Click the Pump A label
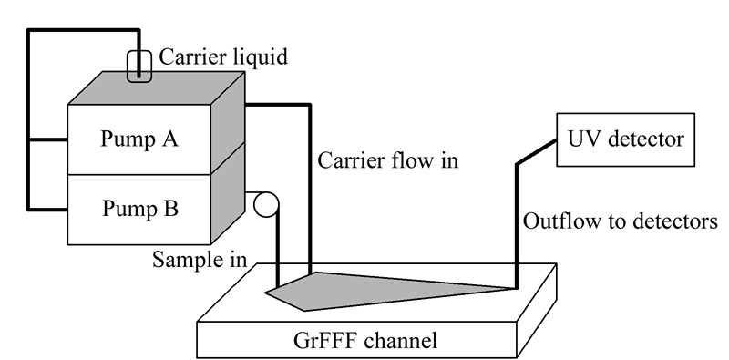(x=139, y=139)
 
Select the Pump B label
(x=140, y=209)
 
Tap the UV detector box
(x=626, y=139)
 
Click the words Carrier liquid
(x=223, y=57)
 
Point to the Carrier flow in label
(x=388, y=161)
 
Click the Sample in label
(x=200, y=260)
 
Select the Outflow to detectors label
(x=621, y=221)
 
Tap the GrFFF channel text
(x=365, y=341)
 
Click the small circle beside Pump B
(x=266, y=205)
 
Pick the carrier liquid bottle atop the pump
(x=139, y=67)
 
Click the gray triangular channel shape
(x=372, y=290)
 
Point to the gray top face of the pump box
(x=157, y=87)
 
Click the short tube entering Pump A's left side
(x=48, y=139)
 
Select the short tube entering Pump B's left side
(x=48, y=210)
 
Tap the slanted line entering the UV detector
(x=537, y=151)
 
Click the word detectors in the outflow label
(x=679, y=221)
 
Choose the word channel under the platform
(x=401, y=341)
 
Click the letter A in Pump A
(x=169, y=139)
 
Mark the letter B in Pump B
(x=171, y=209)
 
